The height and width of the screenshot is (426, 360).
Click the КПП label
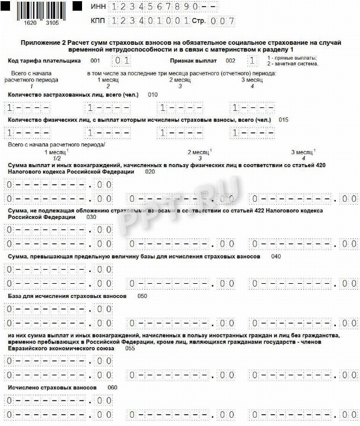(98, 20)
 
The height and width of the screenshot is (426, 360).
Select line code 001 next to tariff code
(95, 61)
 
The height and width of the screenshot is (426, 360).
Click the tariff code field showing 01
(122, 61)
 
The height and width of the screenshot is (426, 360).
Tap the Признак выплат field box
(253, 61)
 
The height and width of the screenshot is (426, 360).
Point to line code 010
(153, 94)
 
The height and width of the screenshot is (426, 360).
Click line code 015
(283, 120)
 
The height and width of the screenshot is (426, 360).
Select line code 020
(150, 172)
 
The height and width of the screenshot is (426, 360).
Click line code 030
(91, 217)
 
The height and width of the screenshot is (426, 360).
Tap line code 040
(276, 257)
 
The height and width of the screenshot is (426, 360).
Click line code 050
(142, 295)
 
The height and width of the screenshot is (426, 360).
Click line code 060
(113, 387)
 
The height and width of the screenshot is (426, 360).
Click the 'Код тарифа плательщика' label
(44, 61)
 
